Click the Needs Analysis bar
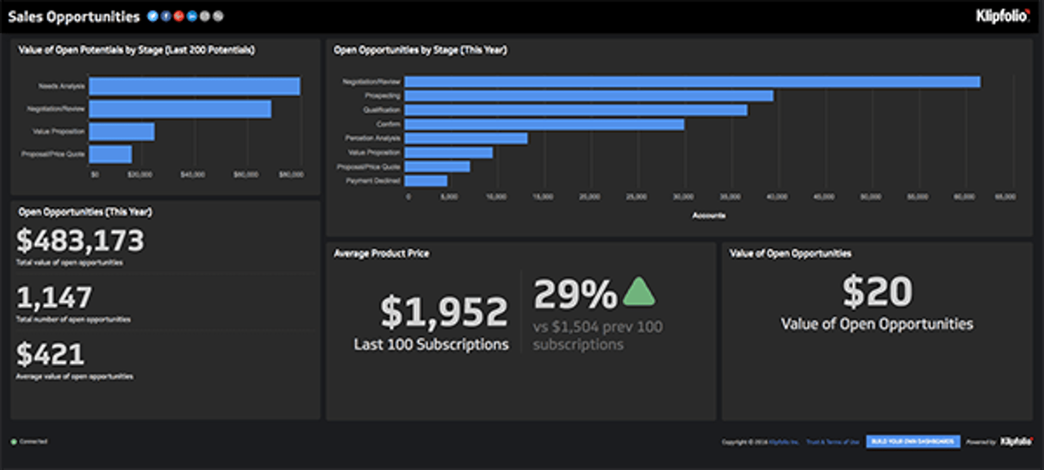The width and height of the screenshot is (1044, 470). pyautogui.click(x=194, y=86)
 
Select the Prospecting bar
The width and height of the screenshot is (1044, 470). pyautogui.click(x=588, y=96)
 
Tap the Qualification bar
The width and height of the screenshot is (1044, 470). pyautogui.click(x=575, y=110)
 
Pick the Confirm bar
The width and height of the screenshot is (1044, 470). pyautogui.click(x=544, y=125)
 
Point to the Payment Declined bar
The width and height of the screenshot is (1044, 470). pyautogui.click(x=426, y=181)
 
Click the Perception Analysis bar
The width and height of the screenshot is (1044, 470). pyautogui.click(x=465, y=139)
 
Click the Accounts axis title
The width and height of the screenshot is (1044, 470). pyautogui.click(x=709, y=216)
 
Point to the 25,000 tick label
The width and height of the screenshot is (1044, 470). pyautogui.click(x=636, y=197)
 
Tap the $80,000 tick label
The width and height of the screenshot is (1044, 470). pyautogui.click(x=291, y=175)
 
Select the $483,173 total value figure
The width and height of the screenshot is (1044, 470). pyautogui.click(x=80, y=241)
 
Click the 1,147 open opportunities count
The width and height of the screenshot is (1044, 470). pyautogui.click(x=54, y=298)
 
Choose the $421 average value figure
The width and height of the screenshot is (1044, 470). pyautogui.click(x=50, y=355)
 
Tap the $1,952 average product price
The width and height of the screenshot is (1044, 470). pyautogui.click(x=444, y=312)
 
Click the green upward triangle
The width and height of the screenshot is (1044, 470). pyautogui.click(x=639, y=292)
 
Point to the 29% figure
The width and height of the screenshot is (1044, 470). pyautogui.click(x=575, y=294)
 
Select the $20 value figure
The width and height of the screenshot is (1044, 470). pyautogui.click(x=877, y=291)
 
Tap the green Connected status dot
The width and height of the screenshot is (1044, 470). pyautogui.click(x=14, y=442)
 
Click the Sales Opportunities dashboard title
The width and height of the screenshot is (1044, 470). pyautogui.click(x=74, y=17)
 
